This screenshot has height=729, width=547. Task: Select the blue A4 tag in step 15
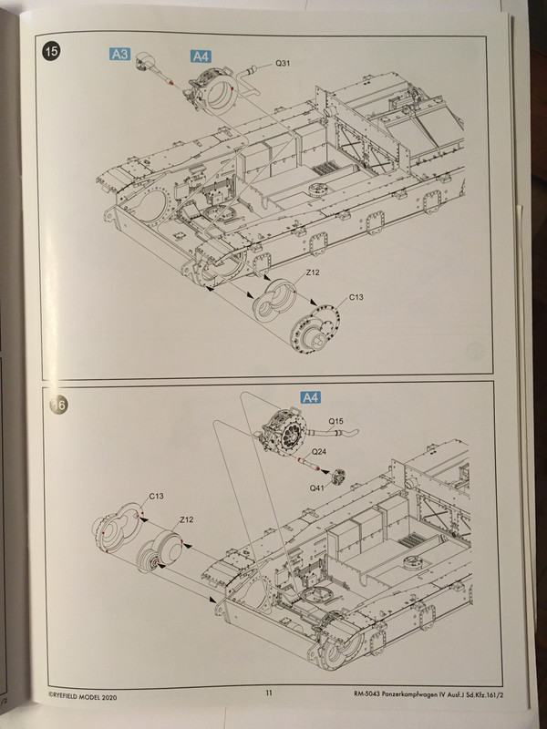201,56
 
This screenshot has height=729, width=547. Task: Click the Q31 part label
284,65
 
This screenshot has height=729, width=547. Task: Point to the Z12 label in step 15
314,272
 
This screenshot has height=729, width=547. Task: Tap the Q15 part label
336,421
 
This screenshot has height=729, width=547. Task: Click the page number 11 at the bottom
270,693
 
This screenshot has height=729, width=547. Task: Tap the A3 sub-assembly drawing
151,67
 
